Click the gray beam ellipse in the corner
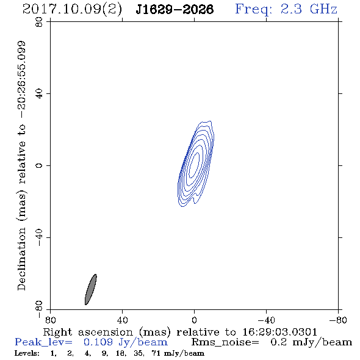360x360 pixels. [x=91, y=289]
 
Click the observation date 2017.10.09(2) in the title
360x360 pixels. [x=72, y=9]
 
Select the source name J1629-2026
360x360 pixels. [x=175, y=10]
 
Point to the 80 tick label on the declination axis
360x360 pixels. [x=39, y=22]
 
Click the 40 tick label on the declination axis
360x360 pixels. [x=39, y=94]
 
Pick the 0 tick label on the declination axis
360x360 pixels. [x=39, y=165]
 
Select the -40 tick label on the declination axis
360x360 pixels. [x=39, y=237]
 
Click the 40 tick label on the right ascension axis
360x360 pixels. [x=122, y=320]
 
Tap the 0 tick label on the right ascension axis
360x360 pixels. [x=194, y=320]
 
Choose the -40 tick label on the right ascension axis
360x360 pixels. [x=266, y=320]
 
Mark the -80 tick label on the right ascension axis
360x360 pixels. [x=338, y=320]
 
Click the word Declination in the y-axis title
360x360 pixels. [x=21, y=259]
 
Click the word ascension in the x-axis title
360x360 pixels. [x=106, y=332]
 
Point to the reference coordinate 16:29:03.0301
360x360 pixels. [x=279, y=332]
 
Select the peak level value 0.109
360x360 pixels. [x=98, y=342]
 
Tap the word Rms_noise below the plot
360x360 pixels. [x=225, y=342]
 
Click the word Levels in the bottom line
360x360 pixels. [x=27, y=353]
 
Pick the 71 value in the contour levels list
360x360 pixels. [x=156, y=353]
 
